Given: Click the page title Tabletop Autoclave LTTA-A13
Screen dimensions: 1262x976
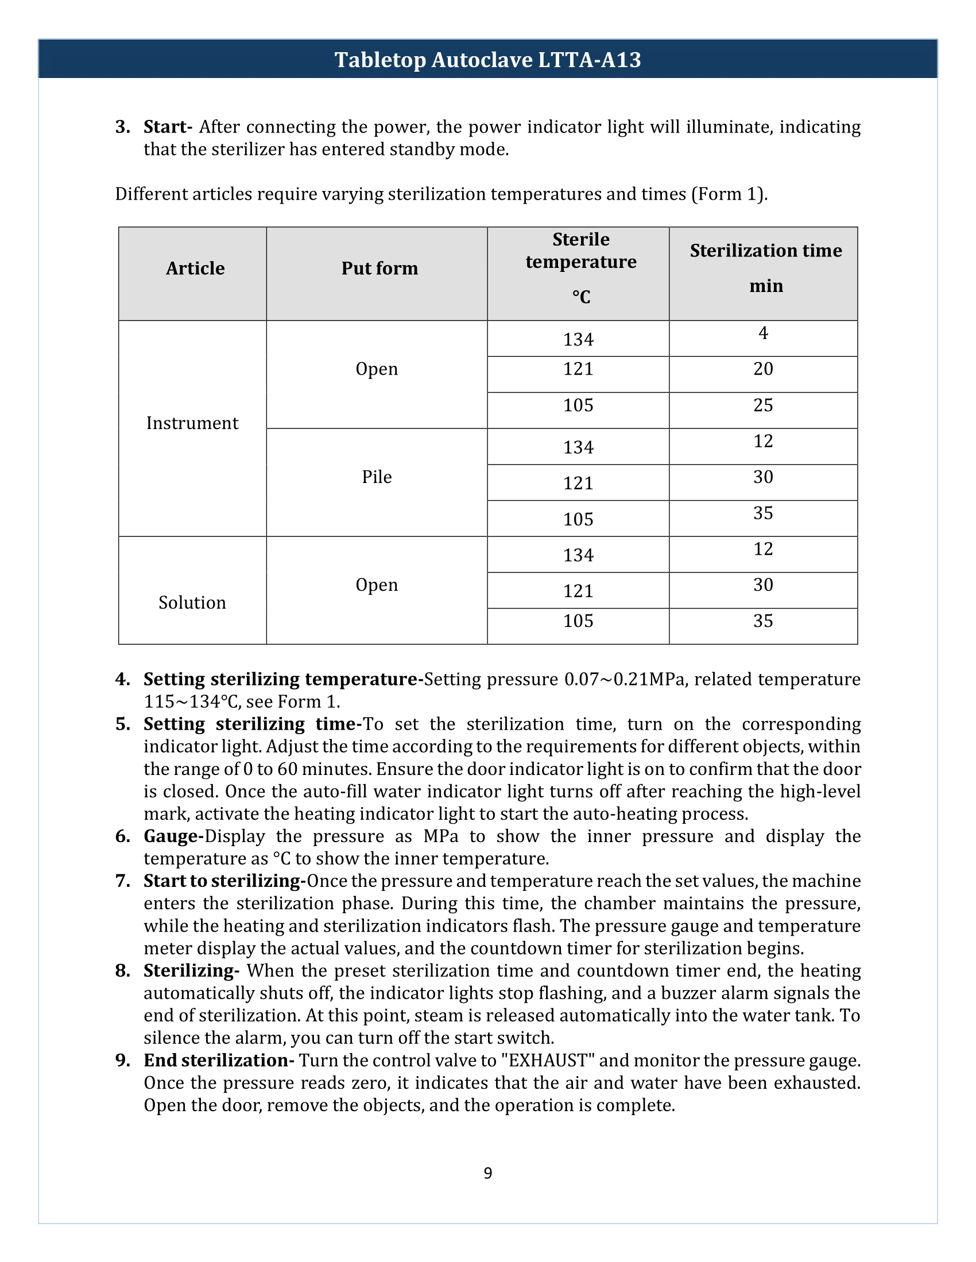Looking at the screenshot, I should click(x=487, y=60).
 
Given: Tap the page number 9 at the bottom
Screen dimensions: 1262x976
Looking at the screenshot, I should click(x=487, y=1173).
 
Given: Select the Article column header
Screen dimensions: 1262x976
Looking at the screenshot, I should click(x=195, y=268).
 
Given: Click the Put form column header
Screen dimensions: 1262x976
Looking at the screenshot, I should click(x=379, y=268).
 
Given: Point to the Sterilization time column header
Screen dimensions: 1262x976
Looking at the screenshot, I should click(x=765, y=251).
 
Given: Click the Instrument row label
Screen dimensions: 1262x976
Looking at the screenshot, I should click(x=192, y=423).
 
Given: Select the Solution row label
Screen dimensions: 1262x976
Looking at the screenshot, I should click(x=192, y=603).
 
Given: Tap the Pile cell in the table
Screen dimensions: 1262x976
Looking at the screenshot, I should click(x=377, y=477).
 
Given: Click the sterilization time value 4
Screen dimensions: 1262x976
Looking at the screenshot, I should click(x=762, y=333).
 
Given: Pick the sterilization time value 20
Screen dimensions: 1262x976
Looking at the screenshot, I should click(x=762, y=369).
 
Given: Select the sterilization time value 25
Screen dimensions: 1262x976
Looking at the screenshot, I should click(x=762, y=405).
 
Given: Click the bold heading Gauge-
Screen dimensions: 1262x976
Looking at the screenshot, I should click(x=173, y=836).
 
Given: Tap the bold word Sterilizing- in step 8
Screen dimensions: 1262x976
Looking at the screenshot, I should click(x=191, y=971).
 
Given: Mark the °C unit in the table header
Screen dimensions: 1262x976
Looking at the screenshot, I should click(x=581, y=297).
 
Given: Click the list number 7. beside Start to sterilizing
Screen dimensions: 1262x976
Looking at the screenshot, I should click(x=123, y=881).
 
